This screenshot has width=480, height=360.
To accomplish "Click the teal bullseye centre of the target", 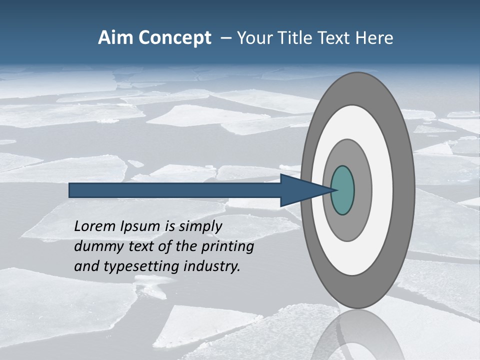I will pos(342,190).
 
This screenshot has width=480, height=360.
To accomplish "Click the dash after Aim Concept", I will pos(226,38).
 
